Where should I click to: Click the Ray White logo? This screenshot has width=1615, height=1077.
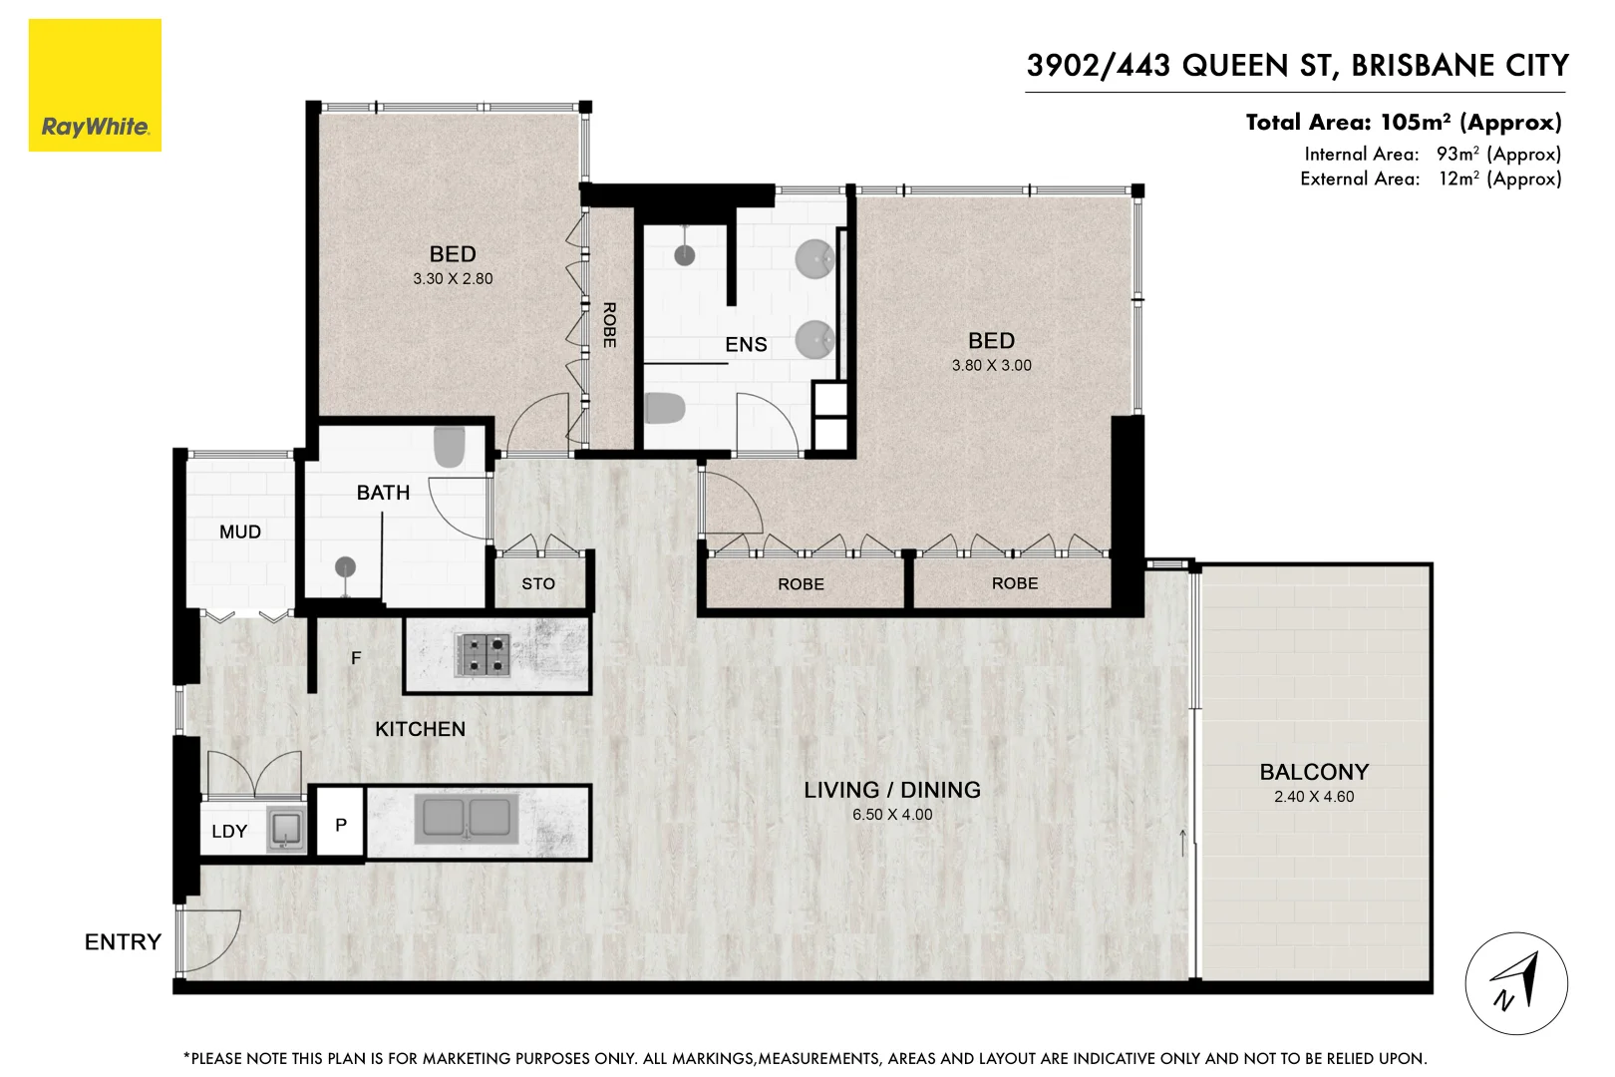pos(95,86)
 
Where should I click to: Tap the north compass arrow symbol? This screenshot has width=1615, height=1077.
pos(1515,983)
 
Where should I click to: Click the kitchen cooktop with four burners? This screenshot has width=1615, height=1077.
pos(484,655)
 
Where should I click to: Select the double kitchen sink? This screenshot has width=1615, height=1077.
pos(467,819)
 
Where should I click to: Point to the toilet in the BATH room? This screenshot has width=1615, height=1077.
pos(450,448)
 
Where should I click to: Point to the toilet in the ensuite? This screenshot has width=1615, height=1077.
pos(664,408)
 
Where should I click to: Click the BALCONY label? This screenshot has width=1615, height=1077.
pos(1313,772)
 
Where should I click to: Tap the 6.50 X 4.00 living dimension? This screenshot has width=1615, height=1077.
pos(892,815)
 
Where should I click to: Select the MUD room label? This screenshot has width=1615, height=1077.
pos(240,533)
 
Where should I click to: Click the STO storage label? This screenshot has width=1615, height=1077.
pos(538,584)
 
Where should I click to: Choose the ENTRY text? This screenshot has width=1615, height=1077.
pos(123,942)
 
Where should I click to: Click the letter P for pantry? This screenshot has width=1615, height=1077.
pos(341,825)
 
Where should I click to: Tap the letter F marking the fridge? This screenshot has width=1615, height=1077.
pos(356,658)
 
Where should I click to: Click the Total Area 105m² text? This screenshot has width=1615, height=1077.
pos(1403,123)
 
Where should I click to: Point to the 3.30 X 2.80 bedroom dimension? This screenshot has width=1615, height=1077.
pos(453,279)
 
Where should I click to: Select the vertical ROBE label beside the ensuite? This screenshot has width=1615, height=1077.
pos(609,325)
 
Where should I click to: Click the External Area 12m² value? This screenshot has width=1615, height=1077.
pos(1499,179)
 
